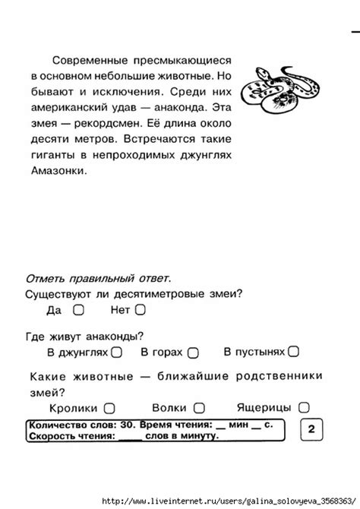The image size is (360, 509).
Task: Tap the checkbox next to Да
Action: tap(78, 310)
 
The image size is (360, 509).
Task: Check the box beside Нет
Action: tap(140, 310)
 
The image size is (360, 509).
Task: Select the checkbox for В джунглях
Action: tap(117, 352)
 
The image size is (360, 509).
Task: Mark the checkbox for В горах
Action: tap(193, 353)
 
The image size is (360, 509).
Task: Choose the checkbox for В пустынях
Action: tap(294, 352)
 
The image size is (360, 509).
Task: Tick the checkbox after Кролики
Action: tap(109, 408)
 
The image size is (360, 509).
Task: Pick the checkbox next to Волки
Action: tap(199, 408)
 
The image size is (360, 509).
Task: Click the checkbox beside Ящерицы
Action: tap(304, 408)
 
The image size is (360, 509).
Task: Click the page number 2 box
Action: tap(312, 430)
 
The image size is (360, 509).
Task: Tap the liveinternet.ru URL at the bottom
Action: tap(228, 501)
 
